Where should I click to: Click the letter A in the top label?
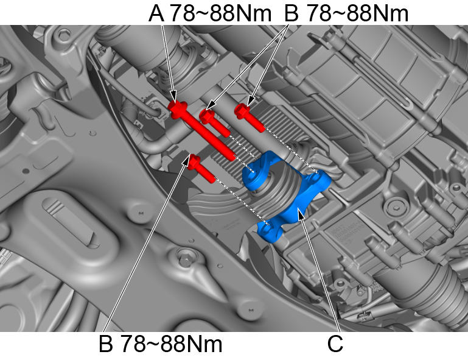(157, 13)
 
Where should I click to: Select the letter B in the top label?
(292, 13)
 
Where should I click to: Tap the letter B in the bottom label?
(107, 345)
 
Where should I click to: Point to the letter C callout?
(335, 344)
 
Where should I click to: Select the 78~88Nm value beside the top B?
(356, 13)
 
